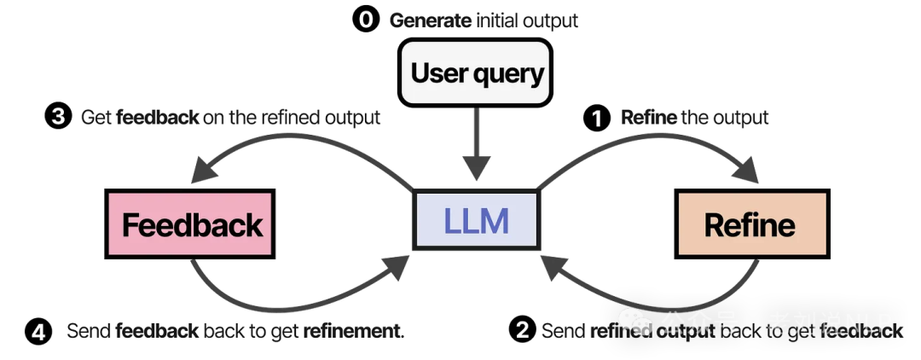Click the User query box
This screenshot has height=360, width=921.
coord(475,73)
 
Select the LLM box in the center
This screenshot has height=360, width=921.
coord(476,222)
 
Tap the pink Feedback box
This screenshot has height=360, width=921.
coord(190,224)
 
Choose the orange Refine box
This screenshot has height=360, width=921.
coord(751,224)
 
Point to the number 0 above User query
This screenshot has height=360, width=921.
coord(366,20)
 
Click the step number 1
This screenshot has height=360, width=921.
coord(597,119)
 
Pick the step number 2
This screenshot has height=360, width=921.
coord(523,330)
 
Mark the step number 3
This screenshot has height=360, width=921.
coord(58,117)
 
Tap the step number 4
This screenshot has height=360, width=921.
coord(38,333)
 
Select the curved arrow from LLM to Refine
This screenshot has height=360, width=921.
coord(648,136)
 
